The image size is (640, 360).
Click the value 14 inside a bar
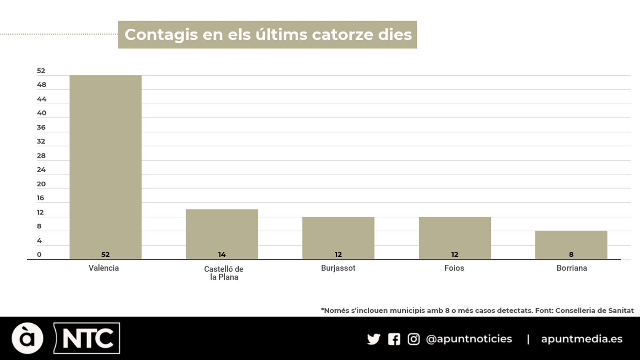click(x=222, y=254)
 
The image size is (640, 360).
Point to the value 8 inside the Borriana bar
click(x=571, y=254)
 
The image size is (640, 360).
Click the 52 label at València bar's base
click(x=105, y=254)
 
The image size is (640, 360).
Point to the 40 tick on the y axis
click(x=41, y=113)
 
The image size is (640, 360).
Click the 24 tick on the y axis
click(x=41, y=170)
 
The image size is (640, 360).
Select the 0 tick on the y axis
click(x=39, y=254)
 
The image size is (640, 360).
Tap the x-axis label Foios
click(x=454, y=268)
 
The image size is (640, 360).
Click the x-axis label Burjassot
click(x=338, y=268)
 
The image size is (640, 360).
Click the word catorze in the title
click(x=342, y=35)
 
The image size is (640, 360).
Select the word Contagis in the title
click(x=161, y=35)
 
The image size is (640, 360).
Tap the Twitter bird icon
click(x=373, y=339)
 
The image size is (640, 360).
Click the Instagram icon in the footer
click(x=414, y=339)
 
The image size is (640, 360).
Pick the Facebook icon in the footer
click(x=394, y=339)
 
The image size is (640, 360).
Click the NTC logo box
click(x=87, y=338)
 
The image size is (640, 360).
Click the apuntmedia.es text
click(x=582, y=339)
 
